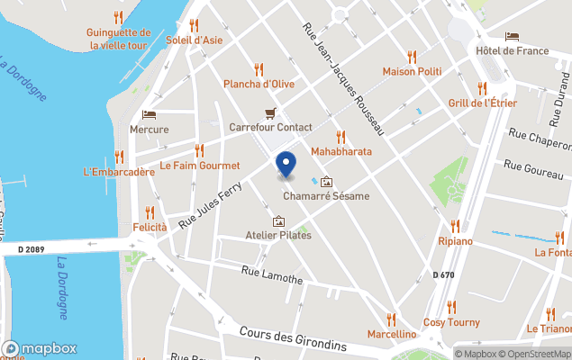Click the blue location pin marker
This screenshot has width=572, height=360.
(286, 165)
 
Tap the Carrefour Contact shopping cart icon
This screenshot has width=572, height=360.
(270, 113)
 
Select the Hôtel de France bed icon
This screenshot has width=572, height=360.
(512, 37)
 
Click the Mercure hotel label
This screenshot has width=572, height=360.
(149, 130)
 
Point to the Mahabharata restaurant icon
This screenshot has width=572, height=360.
(340, 137)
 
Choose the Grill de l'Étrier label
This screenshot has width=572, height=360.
(482, 103)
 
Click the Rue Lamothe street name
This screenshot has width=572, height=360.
(273, 274)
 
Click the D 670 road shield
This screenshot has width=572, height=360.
(442, 274)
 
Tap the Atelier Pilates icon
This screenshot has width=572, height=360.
(278, 220)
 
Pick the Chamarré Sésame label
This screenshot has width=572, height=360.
(326, 196)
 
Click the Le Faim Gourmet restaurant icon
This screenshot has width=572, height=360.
(199, 150)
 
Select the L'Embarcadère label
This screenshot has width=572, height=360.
(119, 171)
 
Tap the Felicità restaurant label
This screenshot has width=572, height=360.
(150, 228)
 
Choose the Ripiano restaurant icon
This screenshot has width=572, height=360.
(455, 226)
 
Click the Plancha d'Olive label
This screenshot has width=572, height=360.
(259, 85)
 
